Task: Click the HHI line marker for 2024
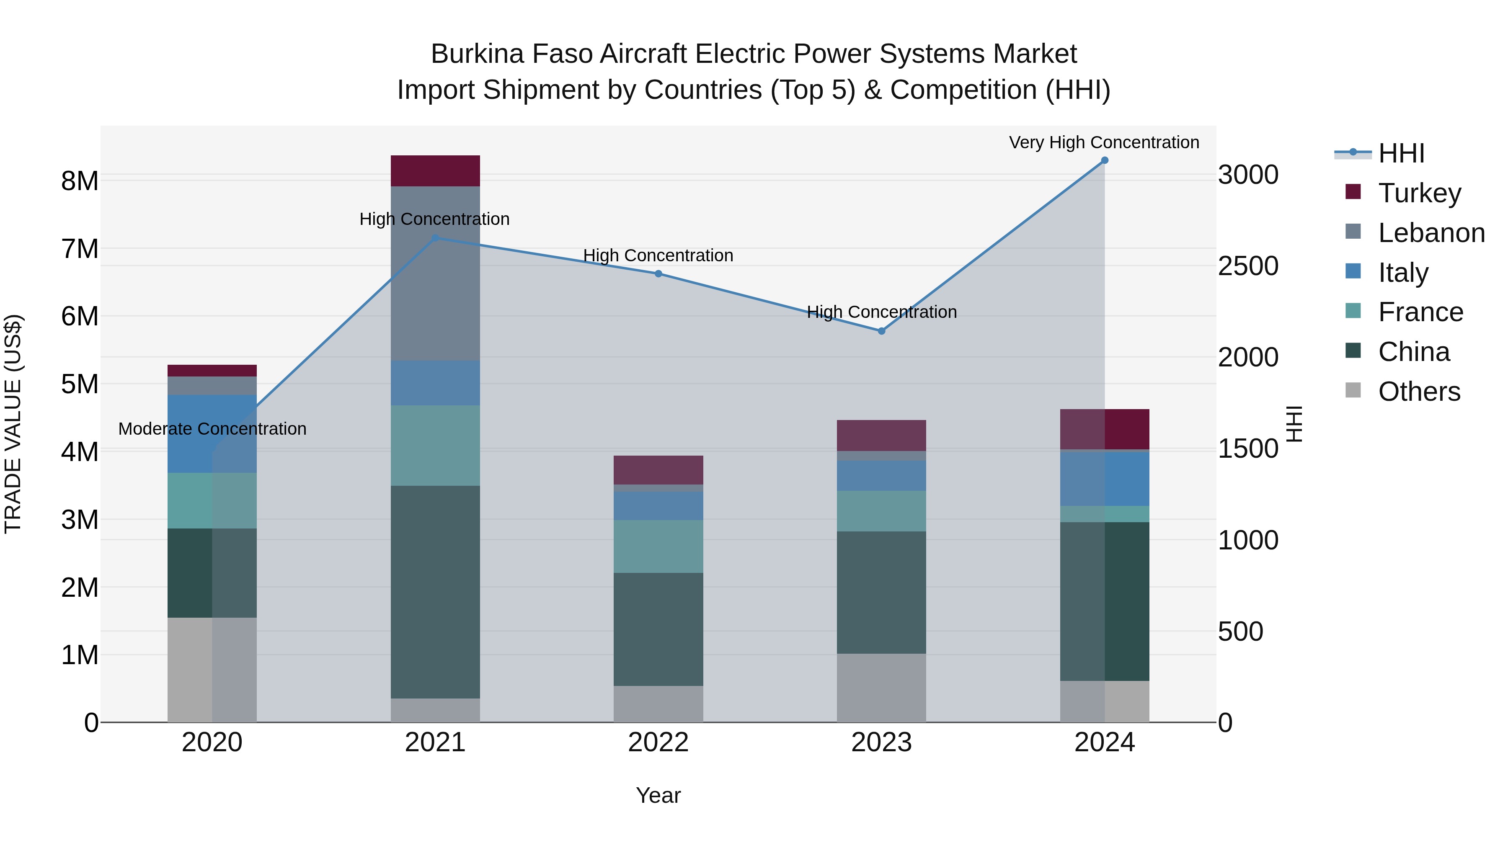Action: [1104, 160]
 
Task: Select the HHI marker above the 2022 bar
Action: [658, 273]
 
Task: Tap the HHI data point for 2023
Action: [881, 331]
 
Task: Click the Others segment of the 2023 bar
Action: [881, 688]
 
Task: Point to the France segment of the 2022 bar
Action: [658, 546]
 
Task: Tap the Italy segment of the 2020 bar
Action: [212, 434]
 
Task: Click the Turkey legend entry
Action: [1419, 193]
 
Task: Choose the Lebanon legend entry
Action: [1431, 233]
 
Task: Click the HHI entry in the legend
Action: [1401, 153]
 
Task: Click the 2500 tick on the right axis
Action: [1247, 266]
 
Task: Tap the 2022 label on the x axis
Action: [658, 742]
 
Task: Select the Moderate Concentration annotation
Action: [212, 428]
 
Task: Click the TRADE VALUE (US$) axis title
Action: [13, 424]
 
